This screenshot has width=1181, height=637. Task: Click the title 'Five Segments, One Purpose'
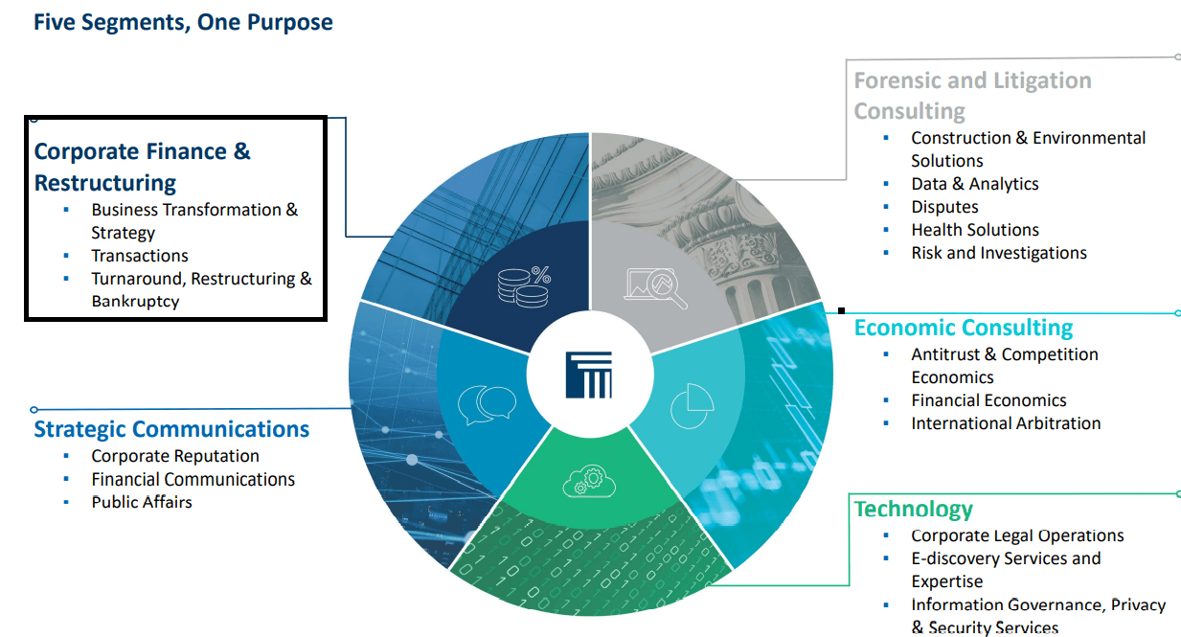tap(183, 22)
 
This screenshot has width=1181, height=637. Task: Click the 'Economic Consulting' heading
tap(963, 328)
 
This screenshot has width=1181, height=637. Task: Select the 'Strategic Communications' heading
tap(171, 429)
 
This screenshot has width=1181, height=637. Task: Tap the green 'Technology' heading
tap(913, 509)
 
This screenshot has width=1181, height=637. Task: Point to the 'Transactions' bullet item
tap(140, 256)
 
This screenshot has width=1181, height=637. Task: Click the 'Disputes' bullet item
tap(944, 207)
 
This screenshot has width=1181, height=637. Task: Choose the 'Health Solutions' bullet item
tap(974, 230)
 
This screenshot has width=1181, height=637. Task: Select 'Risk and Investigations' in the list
tap(998, 253)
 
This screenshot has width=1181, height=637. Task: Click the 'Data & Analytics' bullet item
tap(974, 184)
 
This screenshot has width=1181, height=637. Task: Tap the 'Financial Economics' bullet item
tap(988, 400)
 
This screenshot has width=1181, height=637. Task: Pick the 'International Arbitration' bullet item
tap(1006, 423)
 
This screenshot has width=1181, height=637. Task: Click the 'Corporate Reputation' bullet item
tap(175, 456)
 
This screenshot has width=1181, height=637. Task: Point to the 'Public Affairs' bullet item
tap(142, 502)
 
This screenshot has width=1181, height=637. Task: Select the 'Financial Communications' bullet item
tap(193, 479)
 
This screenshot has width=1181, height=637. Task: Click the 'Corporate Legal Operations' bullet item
tap(1017, 535)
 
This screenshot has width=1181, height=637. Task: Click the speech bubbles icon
tap(487, 404)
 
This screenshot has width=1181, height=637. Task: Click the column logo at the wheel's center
tap(588, 374)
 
